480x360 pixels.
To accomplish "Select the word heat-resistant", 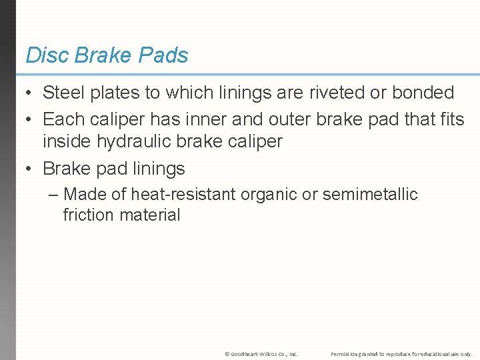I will tap(183, 195).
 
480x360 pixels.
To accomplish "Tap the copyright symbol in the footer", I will tap(227, 353).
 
